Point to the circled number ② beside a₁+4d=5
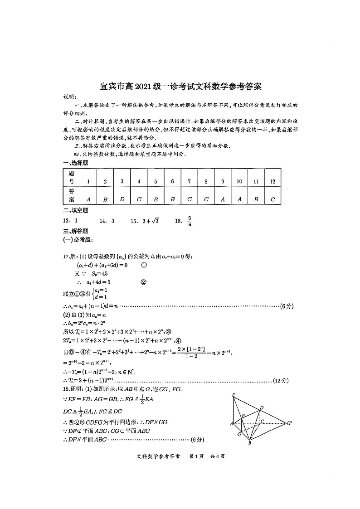[x=144, y=281]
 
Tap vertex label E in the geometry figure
[x=234, y=395]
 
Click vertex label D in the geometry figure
[x=262, y=408]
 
